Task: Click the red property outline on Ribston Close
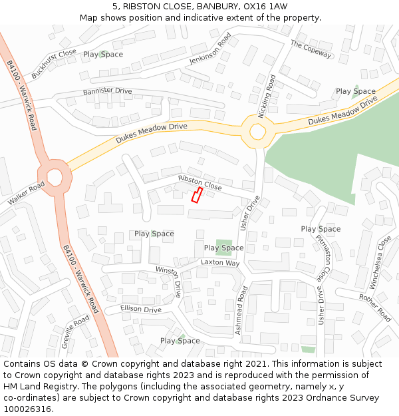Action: (197, 194)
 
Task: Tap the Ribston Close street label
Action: (199, 183)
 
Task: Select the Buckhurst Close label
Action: (54, 64)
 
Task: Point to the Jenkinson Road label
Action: (213, 51)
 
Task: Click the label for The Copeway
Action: (310, 48)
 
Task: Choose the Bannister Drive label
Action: (107, 91)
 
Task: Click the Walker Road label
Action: (26, 193)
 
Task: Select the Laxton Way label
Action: (220, 263)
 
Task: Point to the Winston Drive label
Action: (169, 280)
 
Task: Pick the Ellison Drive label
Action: (141, 310)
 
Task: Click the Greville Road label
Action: (75, 332)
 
